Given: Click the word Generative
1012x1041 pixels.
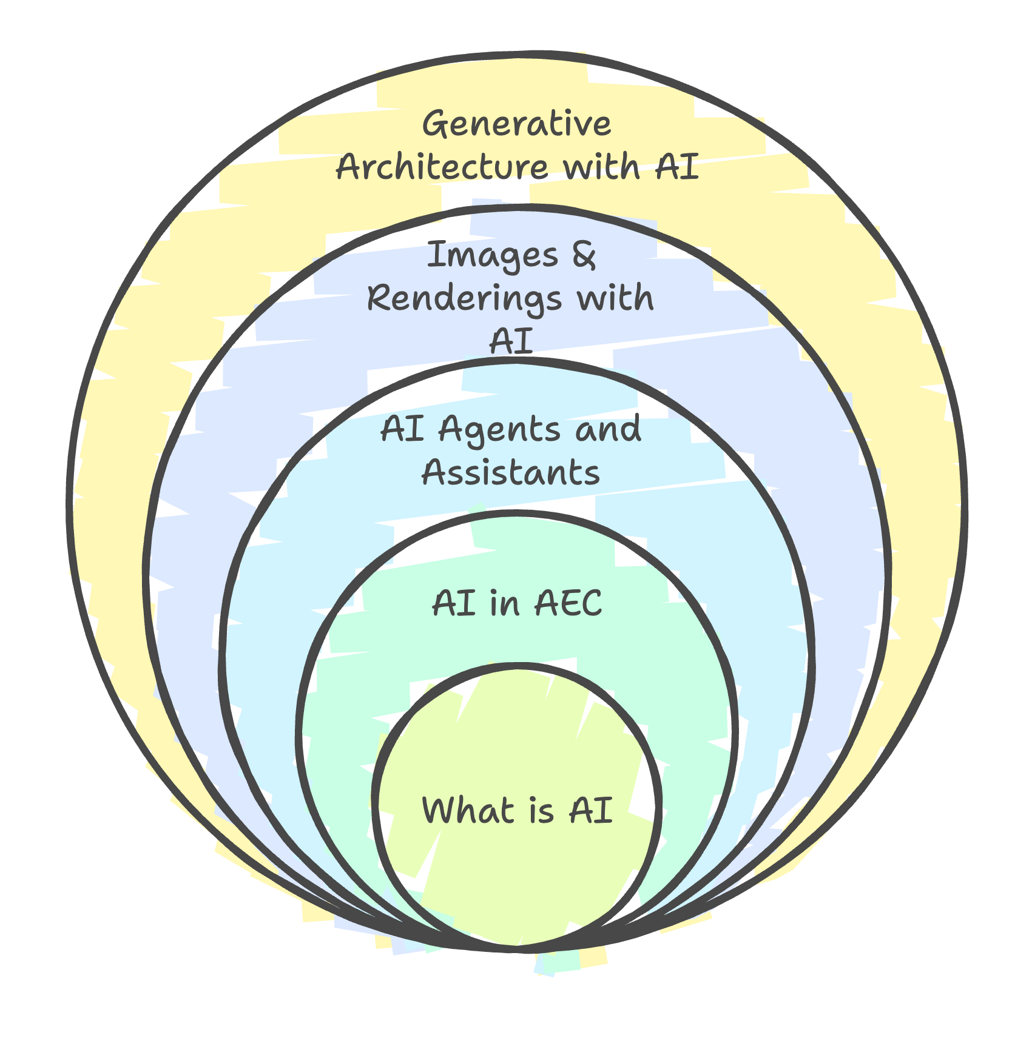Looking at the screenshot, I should pyautogui.click(x=517, y=125).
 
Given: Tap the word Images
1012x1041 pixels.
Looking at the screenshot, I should pyautogui.click(x=492, y=255).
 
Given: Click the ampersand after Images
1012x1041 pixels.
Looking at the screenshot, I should pyautogui.click(x=583, y=255).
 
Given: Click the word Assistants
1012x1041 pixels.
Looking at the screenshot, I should pyautogui.click(x=511, y=473).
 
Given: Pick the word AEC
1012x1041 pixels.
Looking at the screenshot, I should pyautogui.click(x=567, y=604).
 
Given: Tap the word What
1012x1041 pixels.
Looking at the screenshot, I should pyautogui.click(x=467, y=810).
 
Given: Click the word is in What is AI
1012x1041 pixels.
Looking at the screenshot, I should pyautogui.click(x=540, y=810).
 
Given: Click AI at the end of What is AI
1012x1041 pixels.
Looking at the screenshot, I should pyautogui.click(x=590, y=810).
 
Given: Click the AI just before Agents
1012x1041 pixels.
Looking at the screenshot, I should pyautogui.click(x=402, y=430).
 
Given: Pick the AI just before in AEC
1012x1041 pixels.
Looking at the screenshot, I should pyautogui.click(x=453, y=604).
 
